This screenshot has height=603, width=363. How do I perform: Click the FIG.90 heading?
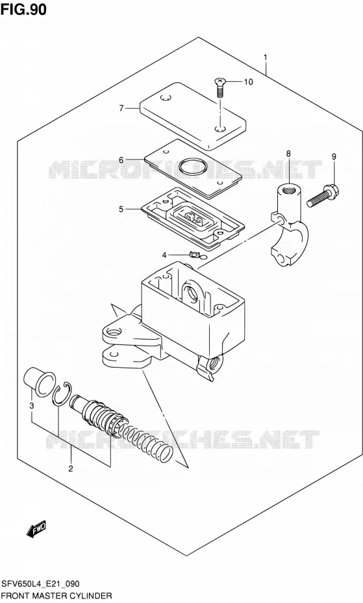point(23,9)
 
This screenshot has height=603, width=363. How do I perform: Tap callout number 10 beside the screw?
point(249,82)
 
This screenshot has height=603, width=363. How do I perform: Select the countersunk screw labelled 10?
point(219,88)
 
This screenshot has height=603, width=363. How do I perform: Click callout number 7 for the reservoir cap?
point(121,108)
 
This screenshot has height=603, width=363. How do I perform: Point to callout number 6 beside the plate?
point(121,160)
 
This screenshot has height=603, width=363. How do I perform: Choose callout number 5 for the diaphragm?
point(121,209)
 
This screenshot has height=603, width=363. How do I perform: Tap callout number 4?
point(164,255)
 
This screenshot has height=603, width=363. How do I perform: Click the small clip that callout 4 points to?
point(195,254)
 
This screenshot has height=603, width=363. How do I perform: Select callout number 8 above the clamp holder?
point(288,154)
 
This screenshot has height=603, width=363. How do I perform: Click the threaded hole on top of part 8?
point(290,189)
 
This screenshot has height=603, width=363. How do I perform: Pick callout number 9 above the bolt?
point(334,156)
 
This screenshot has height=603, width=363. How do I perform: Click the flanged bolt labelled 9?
point(323,195)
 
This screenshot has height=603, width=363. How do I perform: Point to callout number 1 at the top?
point(266,58)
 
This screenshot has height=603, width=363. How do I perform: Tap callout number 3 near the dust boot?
point(32,405)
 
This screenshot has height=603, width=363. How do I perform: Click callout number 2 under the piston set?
point(71,468)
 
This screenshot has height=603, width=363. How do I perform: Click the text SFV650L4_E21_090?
point(40,584)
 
